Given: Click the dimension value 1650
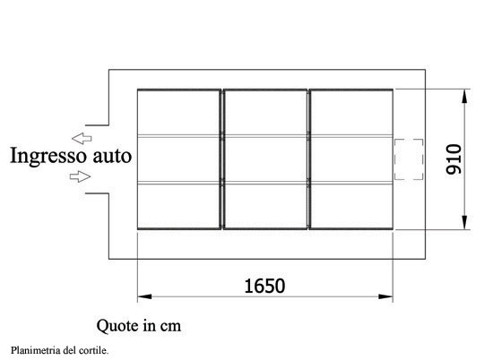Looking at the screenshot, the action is [x=264, y=286].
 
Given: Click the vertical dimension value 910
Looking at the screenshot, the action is [x=454, y=159].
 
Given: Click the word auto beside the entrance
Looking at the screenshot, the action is [x=112, y=156].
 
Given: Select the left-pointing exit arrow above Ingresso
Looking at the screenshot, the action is [x=82, y=138].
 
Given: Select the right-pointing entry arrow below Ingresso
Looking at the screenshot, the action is [x=80, y=176].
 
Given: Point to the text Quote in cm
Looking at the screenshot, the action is [x=139, y=326].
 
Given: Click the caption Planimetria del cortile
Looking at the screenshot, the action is [x=60, y=350].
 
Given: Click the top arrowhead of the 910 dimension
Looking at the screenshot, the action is [x=464, y=96].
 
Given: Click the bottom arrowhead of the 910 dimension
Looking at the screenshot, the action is [x=464, y=222].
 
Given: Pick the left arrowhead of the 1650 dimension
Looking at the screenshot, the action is [x=144, y=296].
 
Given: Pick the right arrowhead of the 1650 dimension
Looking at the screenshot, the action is [x=385, y=296].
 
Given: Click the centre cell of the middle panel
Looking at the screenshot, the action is [x=266, y=159].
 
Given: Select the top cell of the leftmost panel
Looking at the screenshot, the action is [x=178, y=113].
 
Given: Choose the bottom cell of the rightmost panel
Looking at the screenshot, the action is [x=352, y=205].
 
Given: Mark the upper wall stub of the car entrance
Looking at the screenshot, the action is [x=97, y=125].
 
